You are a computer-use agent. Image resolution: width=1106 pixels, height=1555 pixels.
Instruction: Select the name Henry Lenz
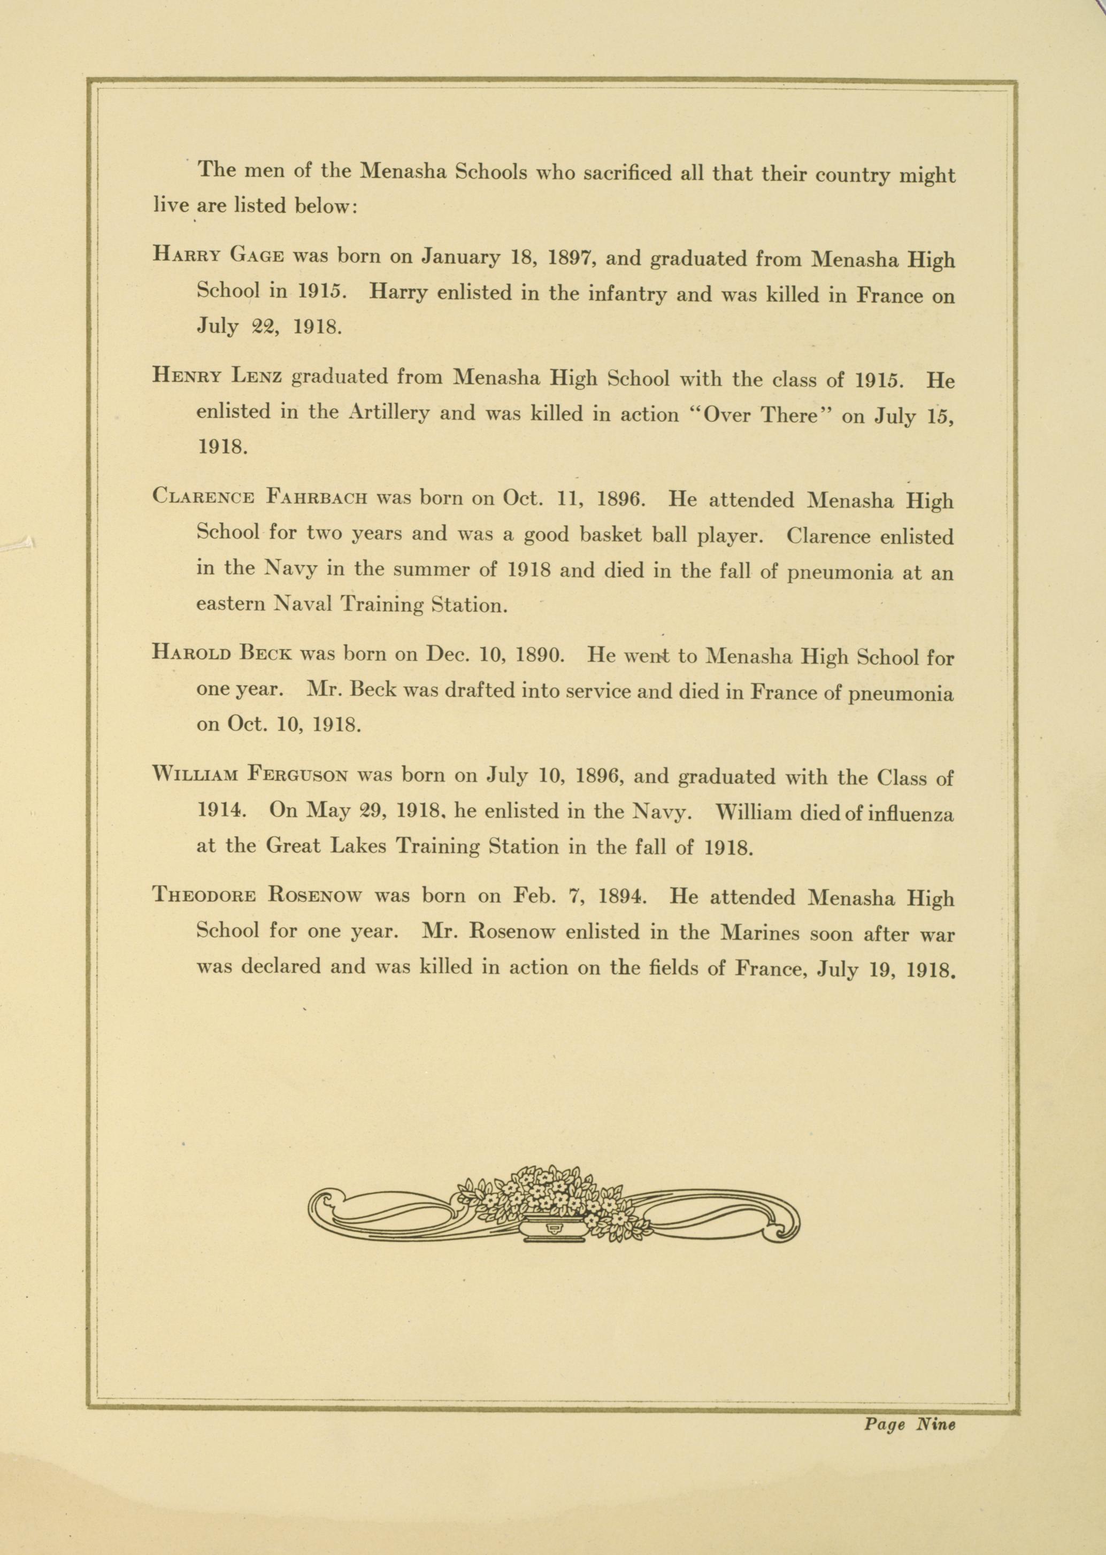(217, 375)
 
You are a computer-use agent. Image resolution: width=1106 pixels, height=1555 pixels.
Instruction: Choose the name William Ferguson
(251, 774)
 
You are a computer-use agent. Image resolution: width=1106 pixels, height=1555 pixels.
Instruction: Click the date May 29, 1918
(357, 811)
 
